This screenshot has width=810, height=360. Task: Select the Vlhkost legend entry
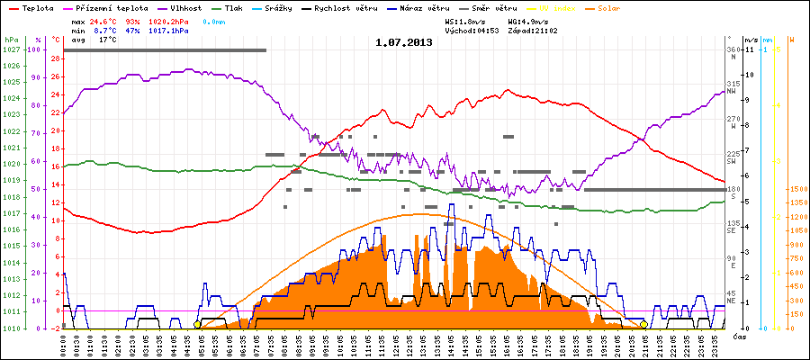click(x=184, y=7)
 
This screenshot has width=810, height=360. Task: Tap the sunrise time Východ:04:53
click(x=472, y=30)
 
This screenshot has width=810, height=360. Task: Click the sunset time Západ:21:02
click(x=532, y=30)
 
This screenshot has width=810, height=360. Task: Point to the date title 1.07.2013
click(x=404, y=42)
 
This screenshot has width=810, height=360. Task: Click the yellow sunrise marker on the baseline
click(x=197, y=324)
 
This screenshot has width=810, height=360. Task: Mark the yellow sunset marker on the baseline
click(x=644, y=324)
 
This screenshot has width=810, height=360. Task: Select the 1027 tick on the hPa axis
click(x=11, y=49)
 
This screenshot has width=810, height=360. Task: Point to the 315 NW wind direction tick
click(x=733, y=86)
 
